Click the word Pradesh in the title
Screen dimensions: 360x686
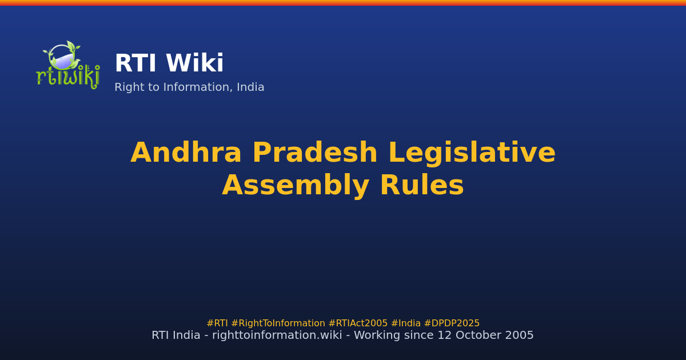[315, 154]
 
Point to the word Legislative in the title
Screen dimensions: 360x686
[472, 154]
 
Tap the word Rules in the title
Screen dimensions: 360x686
[421, 186]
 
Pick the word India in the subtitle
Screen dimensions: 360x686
[251, 87]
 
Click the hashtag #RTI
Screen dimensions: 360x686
[217, 323]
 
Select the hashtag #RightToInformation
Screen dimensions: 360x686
[278, 323]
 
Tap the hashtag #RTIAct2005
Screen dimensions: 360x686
[358, 323]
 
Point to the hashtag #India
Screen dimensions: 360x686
[405, 323]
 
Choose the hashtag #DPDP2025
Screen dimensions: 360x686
[452, 323]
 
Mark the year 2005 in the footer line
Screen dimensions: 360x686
[519, 335]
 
